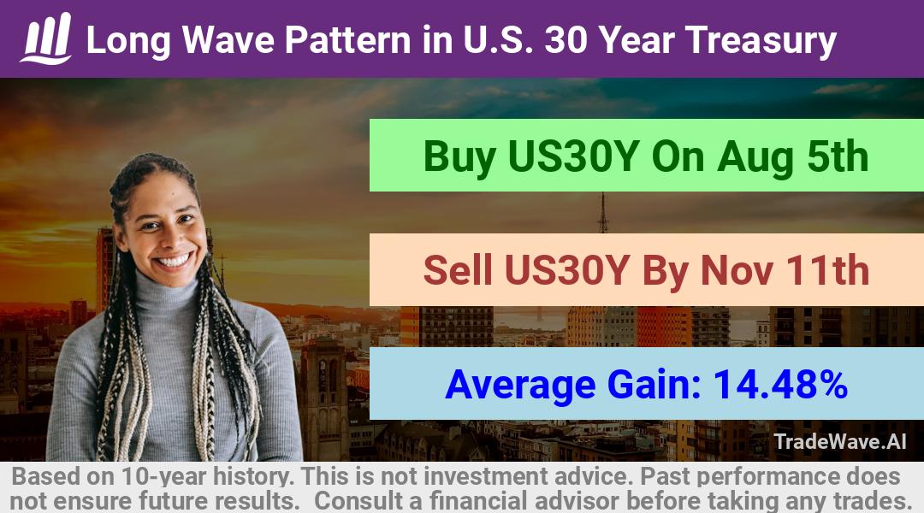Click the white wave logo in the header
point(46,38)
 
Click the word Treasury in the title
point(761,41)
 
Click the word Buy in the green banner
point(459,157)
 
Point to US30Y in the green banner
point(573,156)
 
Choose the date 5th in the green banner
point(838,156)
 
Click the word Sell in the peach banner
point(458,269)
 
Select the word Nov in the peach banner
point(737,269)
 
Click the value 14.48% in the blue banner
point(780,384)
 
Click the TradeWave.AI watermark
point(840,441)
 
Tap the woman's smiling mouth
point(174,260)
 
